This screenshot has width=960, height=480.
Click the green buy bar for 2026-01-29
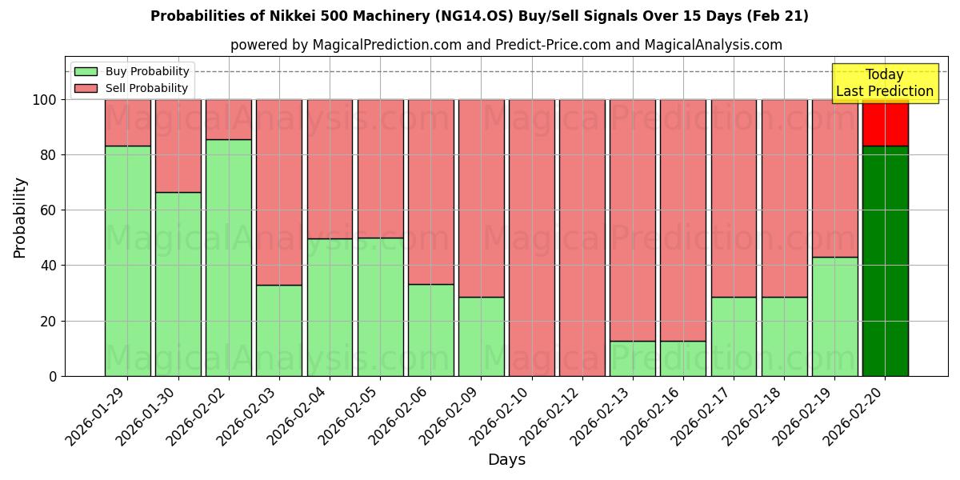[x=127, y=261]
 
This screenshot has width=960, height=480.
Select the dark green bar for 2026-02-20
[x=885, y=261]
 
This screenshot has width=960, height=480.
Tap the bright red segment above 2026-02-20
[x=885, y=123]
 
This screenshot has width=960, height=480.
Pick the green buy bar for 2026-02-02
[x=229, y=258]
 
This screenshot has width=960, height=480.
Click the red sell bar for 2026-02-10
[x=532, y=238]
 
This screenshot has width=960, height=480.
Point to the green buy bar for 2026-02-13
[x=633, y=358]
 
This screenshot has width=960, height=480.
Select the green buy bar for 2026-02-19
[x=834, y=316]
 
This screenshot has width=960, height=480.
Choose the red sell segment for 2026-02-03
[x=279, y=192]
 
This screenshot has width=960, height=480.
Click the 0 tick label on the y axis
[x=53, y=376]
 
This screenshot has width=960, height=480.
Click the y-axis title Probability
[x=20, y=218]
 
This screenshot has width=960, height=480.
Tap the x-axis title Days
[x=506, y=460]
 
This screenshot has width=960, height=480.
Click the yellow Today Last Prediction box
[x=885, y=83]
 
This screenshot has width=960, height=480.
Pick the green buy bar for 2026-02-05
[x=380, y=306]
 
